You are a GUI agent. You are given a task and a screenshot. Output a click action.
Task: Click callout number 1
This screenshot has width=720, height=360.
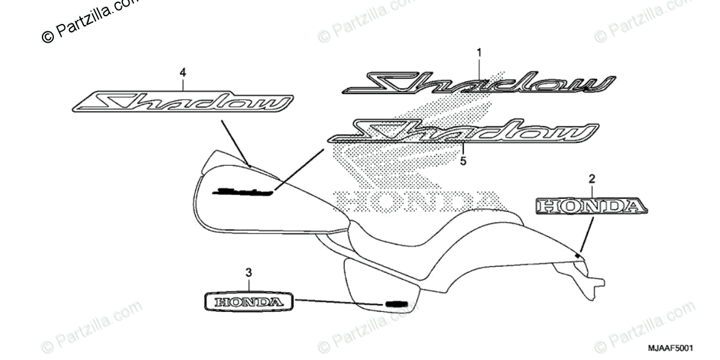coord(479,53)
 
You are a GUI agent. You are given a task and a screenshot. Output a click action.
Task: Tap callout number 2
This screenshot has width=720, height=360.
coord(592,178)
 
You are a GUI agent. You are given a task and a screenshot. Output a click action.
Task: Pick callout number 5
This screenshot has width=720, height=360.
coord(463,161)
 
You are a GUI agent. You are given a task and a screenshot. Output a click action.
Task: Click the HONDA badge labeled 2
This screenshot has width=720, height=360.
coord(592,206)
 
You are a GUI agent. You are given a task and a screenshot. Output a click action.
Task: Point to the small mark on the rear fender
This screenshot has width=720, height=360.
coord(578,256)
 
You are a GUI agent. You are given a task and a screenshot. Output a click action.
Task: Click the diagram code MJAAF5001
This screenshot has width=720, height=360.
coord(670,348)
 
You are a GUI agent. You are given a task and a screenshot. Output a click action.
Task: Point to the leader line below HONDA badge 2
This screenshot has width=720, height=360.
coord(588,234)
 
